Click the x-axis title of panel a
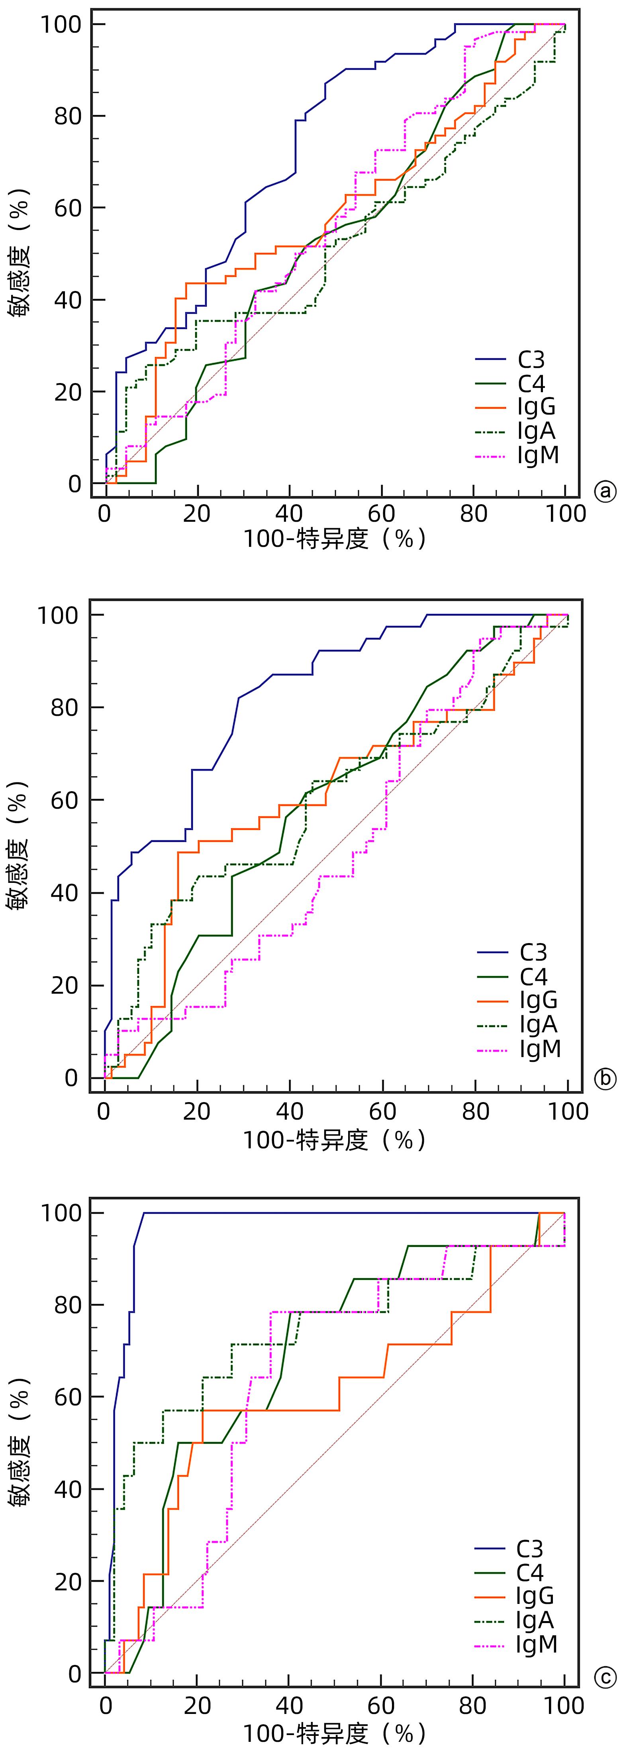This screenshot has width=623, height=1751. tap(334, 539)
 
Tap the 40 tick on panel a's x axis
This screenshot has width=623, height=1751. tap(290, 513)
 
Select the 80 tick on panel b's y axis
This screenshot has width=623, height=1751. tap(65, 707)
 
